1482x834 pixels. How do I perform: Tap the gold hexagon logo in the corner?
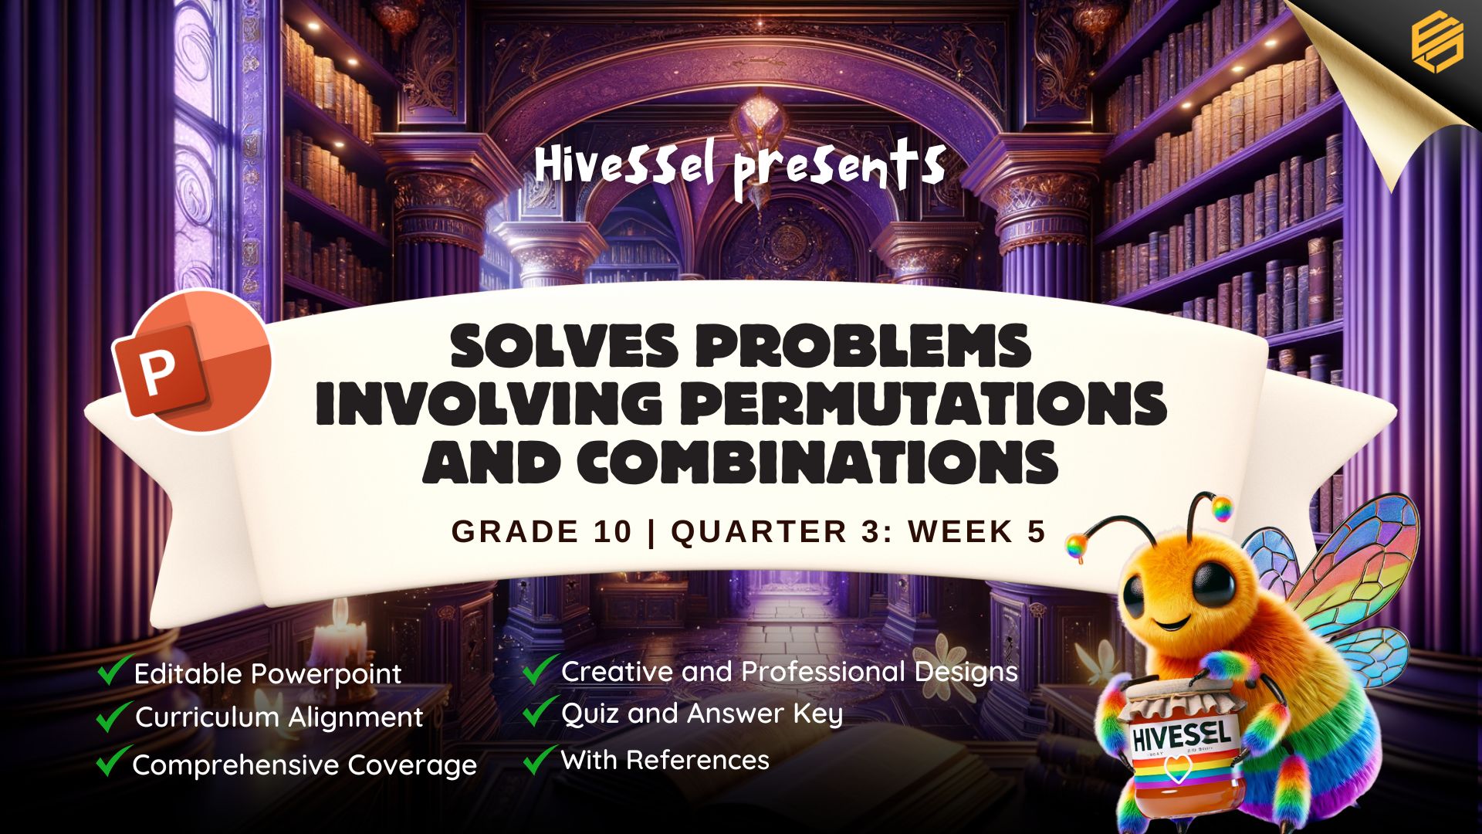pos(1437,45)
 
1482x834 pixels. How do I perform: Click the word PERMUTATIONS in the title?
pos(922,403)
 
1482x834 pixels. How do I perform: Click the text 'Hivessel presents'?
pos(740,168)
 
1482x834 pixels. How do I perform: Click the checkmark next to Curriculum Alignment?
pos(112,716)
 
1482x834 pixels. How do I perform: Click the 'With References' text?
pos(665,760)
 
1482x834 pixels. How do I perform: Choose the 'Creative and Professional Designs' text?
pos(790,672)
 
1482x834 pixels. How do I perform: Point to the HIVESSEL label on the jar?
pos(1181,734)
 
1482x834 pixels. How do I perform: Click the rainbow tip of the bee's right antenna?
pos(1221,508)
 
